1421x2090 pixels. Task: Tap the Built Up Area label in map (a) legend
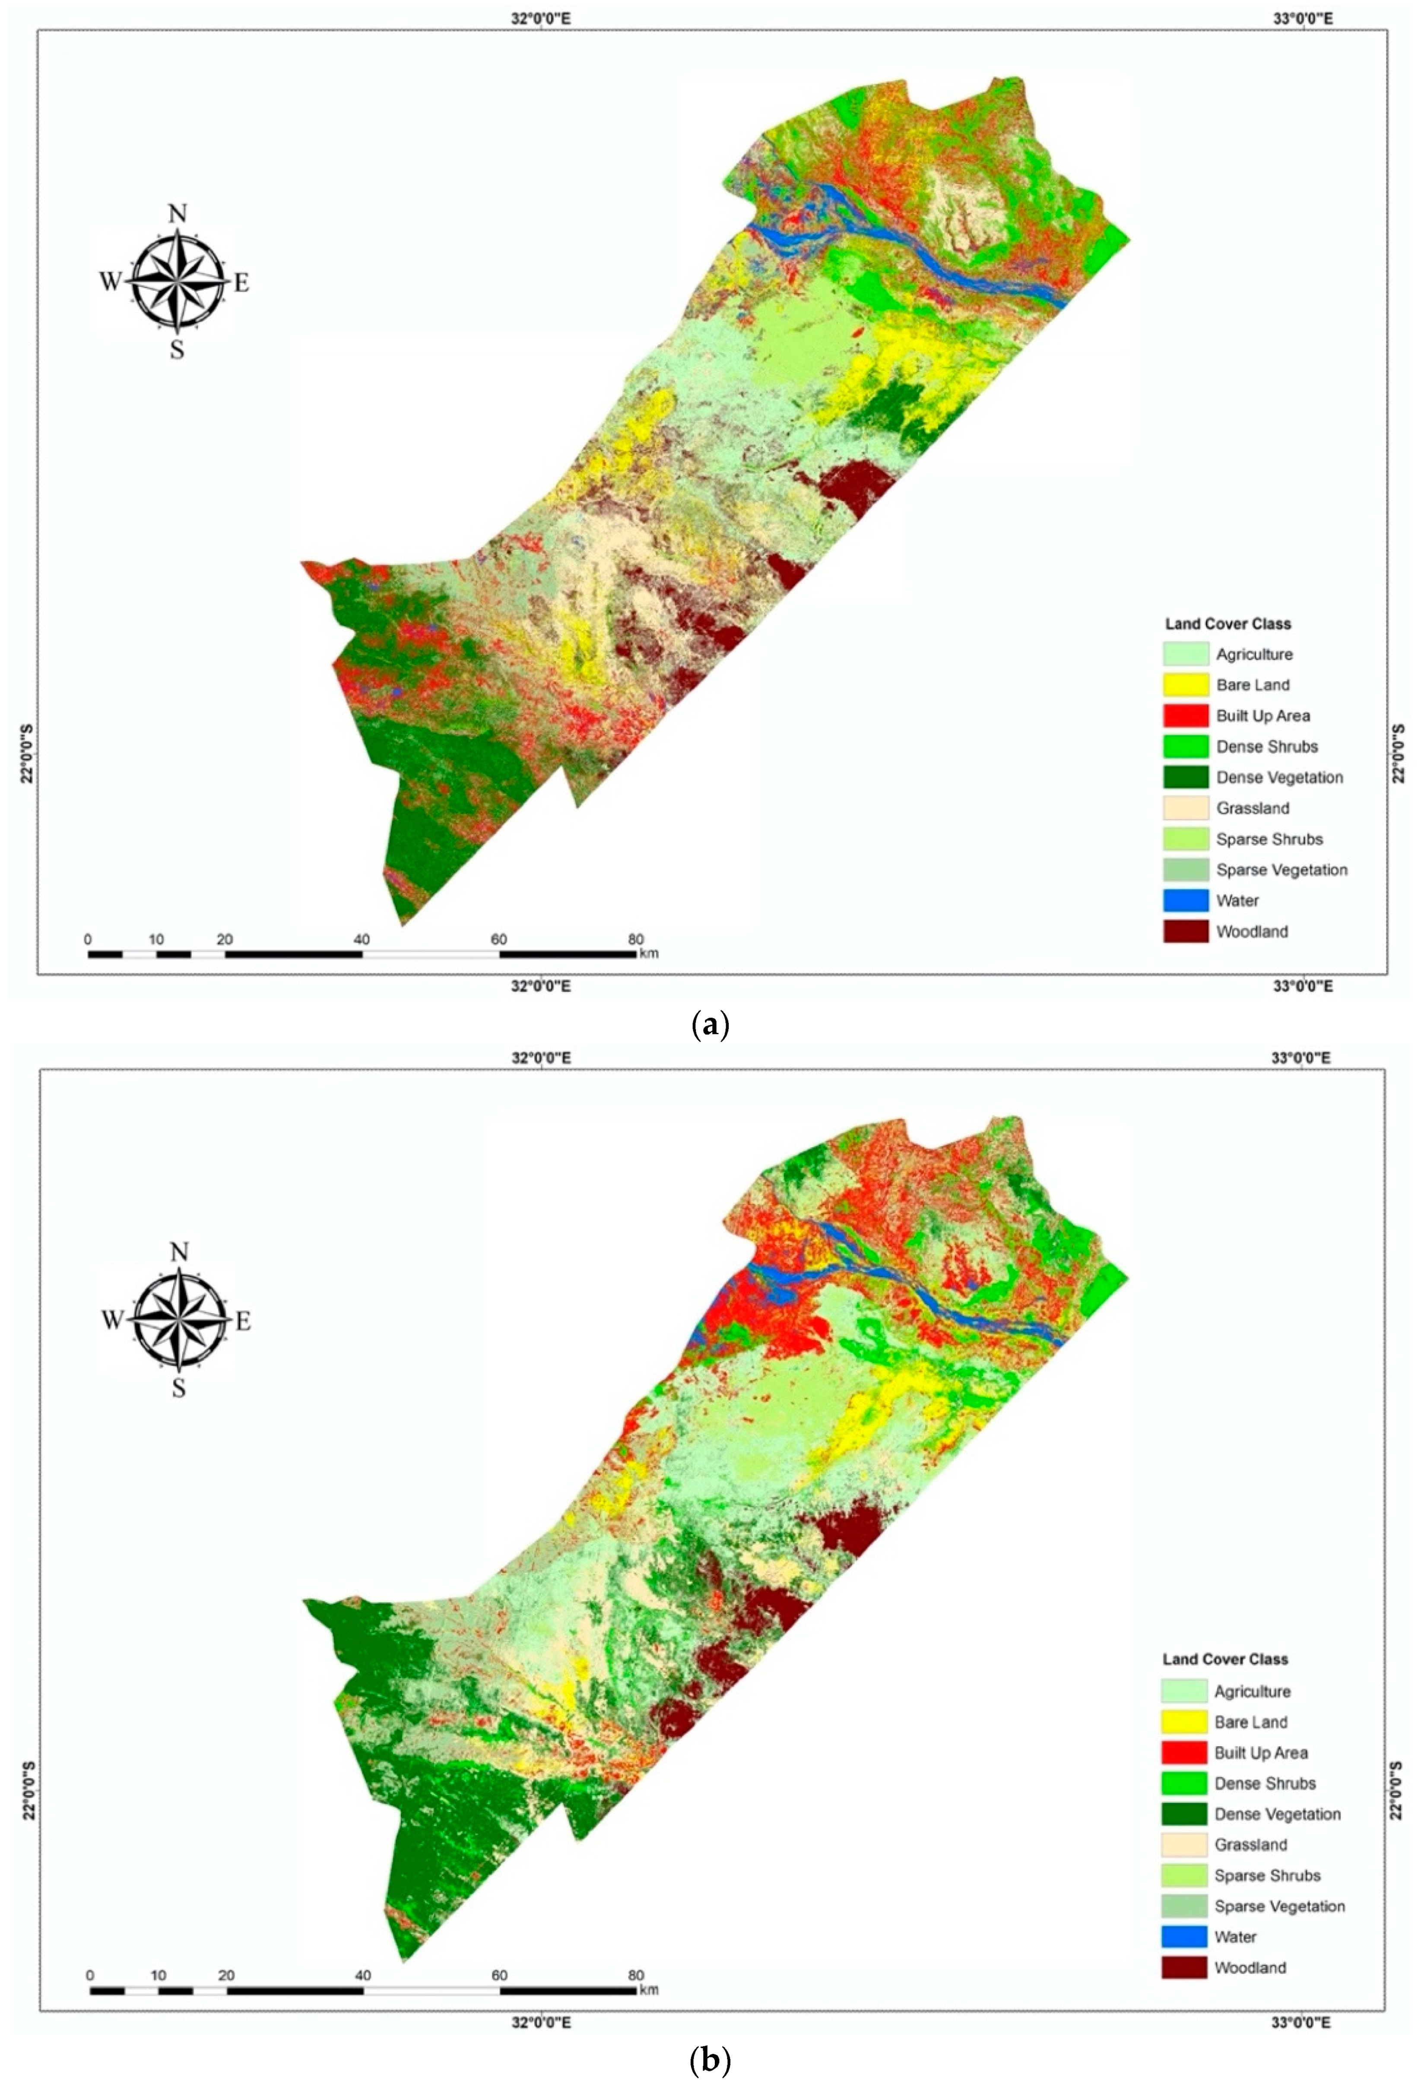[x=1263, y=716]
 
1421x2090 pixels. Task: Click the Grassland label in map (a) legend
[x=1253, y=808]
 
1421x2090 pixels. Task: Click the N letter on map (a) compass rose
[x=178, y=214]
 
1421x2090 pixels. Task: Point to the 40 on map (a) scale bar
[x=362, y=940]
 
